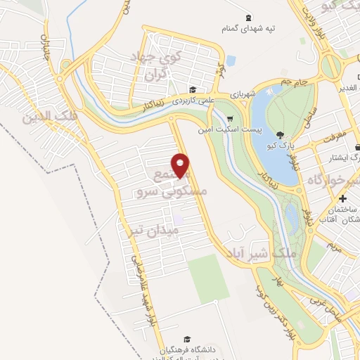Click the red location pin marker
(181, 167)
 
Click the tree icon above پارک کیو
(281, 135)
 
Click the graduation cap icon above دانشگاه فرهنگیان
(186, 339)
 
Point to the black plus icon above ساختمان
(342, 199)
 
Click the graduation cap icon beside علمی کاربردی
(193, 89)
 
